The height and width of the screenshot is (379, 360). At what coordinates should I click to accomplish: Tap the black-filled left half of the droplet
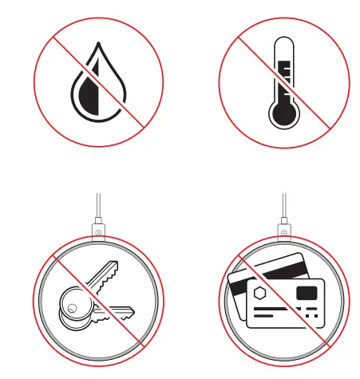coord(86,97)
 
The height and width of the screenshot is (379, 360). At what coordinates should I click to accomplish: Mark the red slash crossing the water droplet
coord(120,104)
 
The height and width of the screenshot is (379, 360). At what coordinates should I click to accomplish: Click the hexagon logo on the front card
coord(260,294)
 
